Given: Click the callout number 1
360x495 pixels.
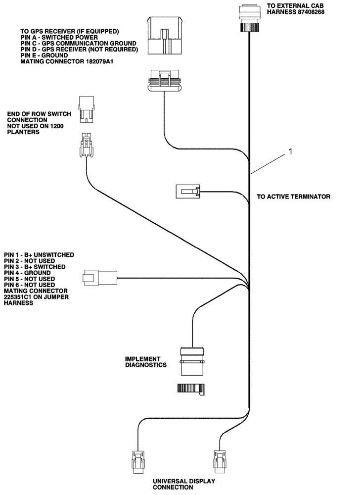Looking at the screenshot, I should [x=291, y=152].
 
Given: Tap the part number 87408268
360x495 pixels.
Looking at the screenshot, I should [x=306, y=12].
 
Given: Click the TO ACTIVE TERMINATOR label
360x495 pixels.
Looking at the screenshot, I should [x=293, y=197].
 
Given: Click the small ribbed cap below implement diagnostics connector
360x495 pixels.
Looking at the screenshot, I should [x=190, y=389].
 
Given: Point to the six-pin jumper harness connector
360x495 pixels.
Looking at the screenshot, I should [x=100, y=278].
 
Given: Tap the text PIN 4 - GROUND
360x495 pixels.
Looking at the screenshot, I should [x=27, y=273].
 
